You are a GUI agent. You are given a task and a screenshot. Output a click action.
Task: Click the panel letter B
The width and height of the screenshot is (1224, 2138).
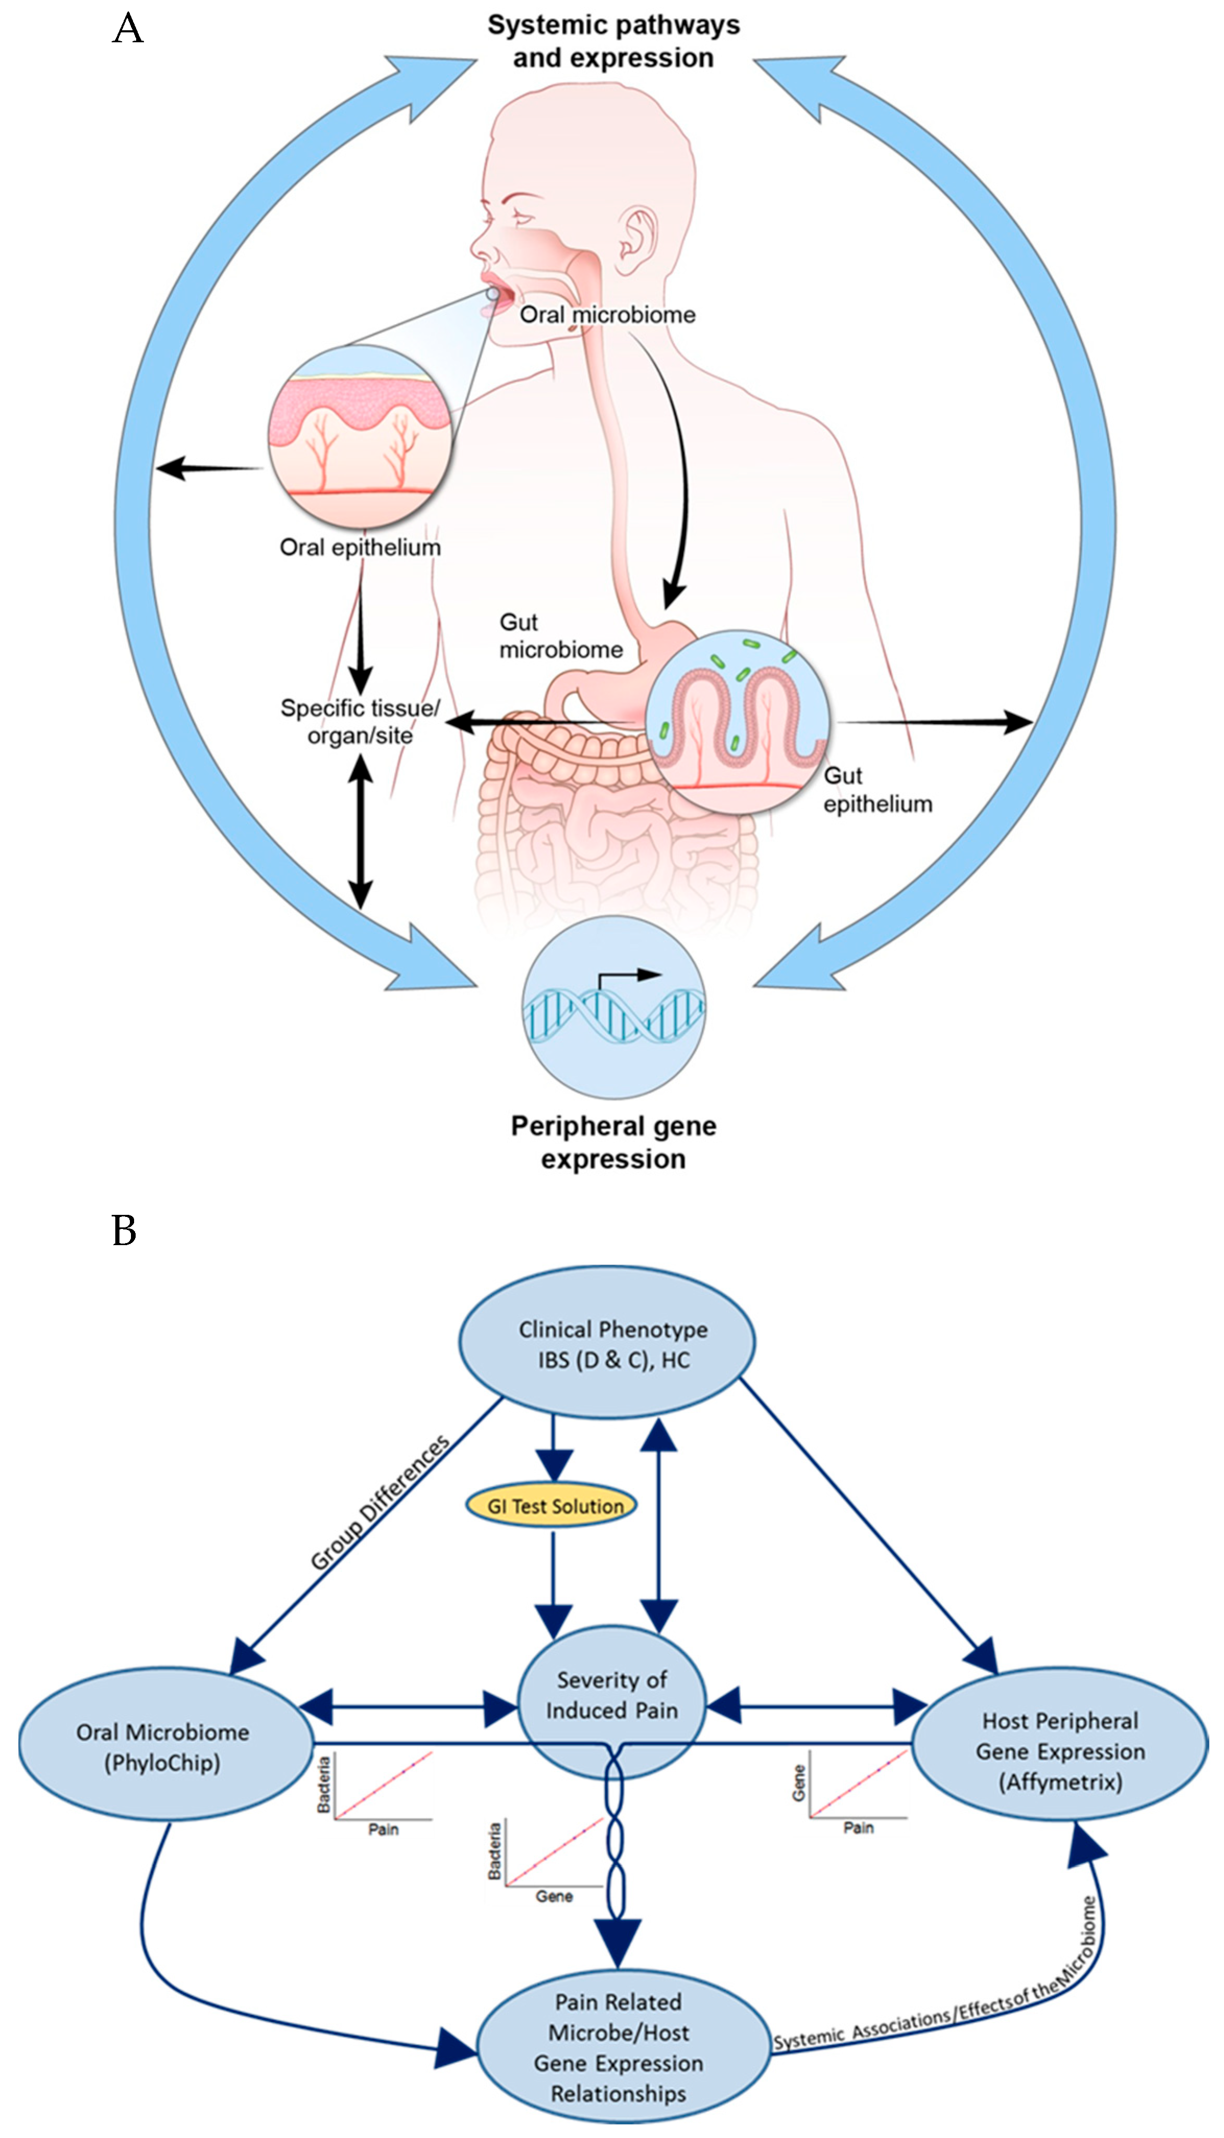124,1231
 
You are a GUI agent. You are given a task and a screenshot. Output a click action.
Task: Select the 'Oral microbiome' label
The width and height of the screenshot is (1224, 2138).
607,315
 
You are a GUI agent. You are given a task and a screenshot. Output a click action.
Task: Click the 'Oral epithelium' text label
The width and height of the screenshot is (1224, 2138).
360,547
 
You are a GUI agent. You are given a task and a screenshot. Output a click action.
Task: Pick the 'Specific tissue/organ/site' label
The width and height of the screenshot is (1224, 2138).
360,721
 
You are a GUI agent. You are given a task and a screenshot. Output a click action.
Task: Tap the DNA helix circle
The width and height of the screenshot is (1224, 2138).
614,1007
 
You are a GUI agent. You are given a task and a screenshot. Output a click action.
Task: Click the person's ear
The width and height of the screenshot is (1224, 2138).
637,235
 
